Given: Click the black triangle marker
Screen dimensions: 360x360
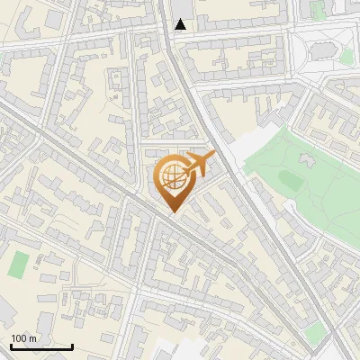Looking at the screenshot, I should click(181, 24).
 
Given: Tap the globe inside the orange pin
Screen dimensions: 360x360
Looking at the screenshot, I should click(172, 175).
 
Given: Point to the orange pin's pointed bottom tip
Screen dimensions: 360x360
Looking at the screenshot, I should click(172, 212).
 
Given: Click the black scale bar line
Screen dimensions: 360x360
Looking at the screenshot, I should click(41, 346).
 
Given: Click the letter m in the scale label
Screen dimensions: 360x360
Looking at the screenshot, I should click(32, 338).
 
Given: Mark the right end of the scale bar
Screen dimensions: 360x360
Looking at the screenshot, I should click(72, 346).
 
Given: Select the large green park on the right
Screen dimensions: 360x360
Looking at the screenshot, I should click(306, 180).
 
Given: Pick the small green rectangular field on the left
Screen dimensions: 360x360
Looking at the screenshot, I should click(19, 265).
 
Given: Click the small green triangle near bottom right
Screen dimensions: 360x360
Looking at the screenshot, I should click(314, 335).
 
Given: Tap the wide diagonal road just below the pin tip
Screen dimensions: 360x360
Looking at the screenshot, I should click(184, 226).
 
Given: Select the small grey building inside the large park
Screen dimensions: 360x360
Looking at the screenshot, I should click(289, 180).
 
